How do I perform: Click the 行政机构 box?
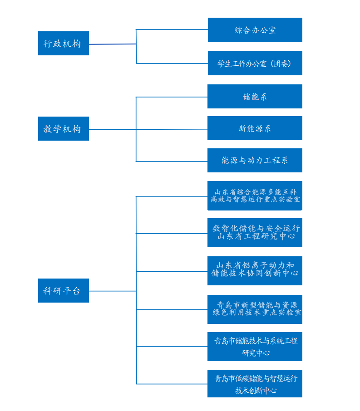point(63,44)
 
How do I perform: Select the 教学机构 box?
point(63,129)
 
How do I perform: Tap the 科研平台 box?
point(63,291)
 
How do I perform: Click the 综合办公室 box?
point(255,30)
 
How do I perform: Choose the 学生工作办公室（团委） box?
point(255,64)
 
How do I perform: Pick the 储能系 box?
point(255,97)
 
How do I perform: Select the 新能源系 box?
point(255,128)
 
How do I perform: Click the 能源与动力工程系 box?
point(255,161)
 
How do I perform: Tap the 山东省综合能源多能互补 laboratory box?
point(255,196)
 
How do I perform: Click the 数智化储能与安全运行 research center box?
point(255,232)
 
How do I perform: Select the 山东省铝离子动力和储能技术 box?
point(255,270)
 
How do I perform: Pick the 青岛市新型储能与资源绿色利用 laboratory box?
point(255,309)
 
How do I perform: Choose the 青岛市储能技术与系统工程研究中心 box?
point(255,347)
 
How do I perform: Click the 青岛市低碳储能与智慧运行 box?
point(255,384)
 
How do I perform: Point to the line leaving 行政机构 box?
point(112,44)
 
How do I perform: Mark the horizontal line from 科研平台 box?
point(112,291)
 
